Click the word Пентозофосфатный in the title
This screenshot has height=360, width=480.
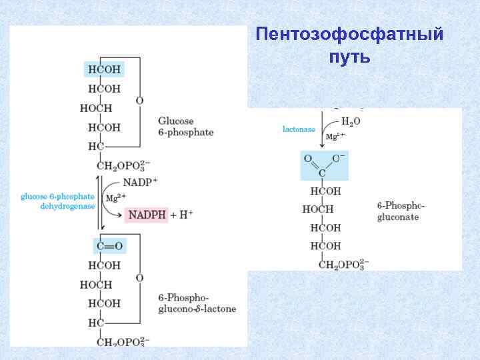[x=349, y=34]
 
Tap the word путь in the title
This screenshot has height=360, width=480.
[x=349, y=57]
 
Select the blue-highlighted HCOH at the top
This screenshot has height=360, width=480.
[x=104, y=69]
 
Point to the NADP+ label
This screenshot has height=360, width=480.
[x=140, y=182]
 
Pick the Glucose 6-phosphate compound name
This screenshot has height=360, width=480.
[x=185, y=127]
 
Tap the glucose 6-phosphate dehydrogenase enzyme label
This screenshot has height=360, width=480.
[x=58, y=201]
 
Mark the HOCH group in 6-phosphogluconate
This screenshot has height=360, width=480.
[x=318, y=209]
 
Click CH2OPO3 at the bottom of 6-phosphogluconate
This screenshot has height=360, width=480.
[x=343, y=264]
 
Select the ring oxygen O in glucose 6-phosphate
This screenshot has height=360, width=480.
[x=139, y=101]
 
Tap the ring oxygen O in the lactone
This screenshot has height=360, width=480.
[x=139, y=277]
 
